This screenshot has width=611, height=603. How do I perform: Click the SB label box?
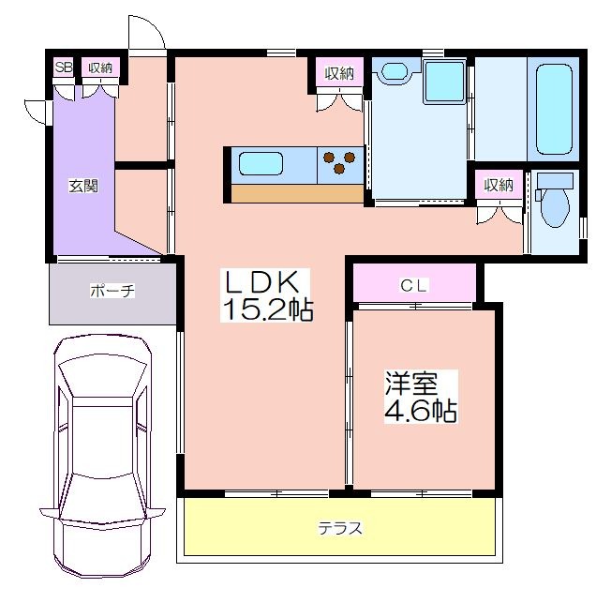[64, 68]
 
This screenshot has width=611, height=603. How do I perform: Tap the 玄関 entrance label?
[83, 186]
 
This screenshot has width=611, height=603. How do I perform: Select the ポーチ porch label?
[112, 291]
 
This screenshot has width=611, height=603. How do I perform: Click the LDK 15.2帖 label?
[266, 295]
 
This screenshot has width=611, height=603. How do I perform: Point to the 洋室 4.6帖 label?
[421, 397]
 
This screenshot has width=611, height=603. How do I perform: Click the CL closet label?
[414, 286]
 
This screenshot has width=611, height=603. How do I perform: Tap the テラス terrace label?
[340, 529]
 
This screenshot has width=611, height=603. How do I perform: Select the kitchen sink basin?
[261, 163]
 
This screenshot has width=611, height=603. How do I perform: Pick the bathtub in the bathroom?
[554, 110]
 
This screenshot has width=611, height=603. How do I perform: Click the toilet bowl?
[556, 208]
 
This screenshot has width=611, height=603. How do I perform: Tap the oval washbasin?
[395, 71]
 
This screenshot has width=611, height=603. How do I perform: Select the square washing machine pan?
[445, 83]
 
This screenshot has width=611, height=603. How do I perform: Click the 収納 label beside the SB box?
[100, 68]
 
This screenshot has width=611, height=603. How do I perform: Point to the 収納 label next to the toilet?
[499, 185]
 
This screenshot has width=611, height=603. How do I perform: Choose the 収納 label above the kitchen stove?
[340, 72]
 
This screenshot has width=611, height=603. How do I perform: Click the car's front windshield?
[102, 376]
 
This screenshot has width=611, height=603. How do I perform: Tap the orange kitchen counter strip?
[297, 193]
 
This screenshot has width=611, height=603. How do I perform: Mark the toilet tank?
[555, 182]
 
